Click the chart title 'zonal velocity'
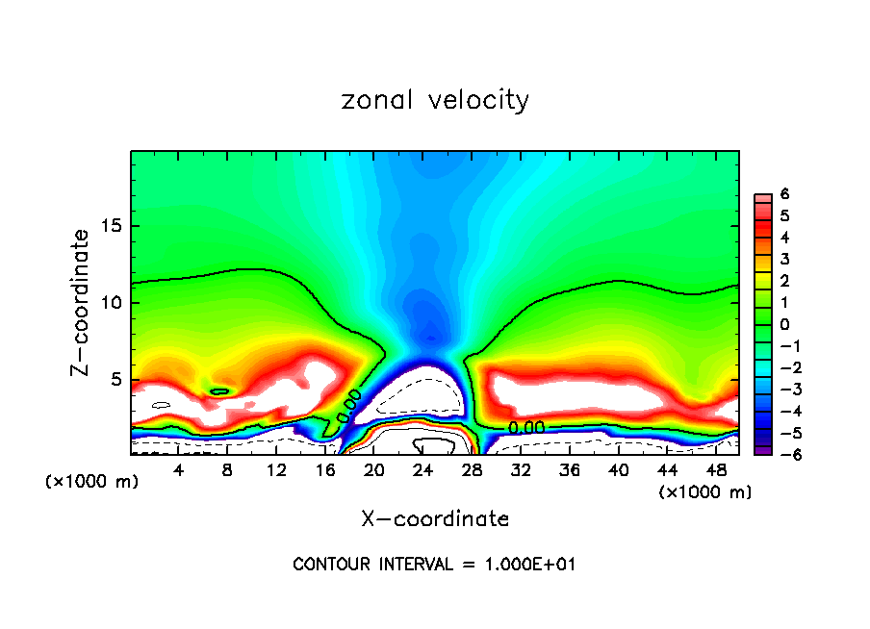pos(435,100)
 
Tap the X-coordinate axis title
pos(435,519)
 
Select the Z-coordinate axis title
pos(86,302)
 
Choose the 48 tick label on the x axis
pos(714,470)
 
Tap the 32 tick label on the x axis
pos(520,470)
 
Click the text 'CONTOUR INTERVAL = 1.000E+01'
pos(435,565)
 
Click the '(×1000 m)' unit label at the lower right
pos(705,492)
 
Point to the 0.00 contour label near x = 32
pos(526,427)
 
